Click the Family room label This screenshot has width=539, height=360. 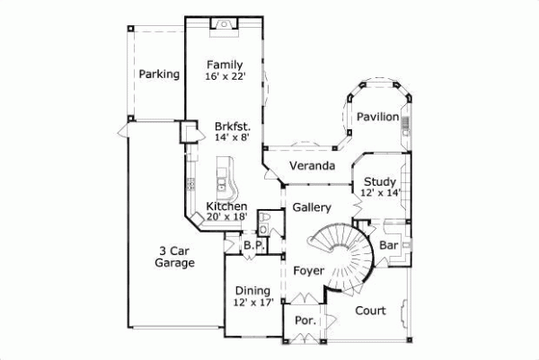(224, 65)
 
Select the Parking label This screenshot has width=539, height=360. (158, 74)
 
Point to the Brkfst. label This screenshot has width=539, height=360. (232, 127)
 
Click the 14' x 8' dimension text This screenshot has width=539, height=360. (232, 138)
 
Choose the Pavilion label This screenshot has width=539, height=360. (376, 118)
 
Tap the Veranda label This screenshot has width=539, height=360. (312, 167)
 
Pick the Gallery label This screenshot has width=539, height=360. (312, 208)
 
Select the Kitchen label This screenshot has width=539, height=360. (227, 206)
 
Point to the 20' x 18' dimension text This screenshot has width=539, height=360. (227, 216)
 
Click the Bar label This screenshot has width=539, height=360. (388, 244)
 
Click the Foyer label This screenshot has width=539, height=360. (308, 269)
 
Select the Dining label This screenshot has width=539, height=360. (252, 291)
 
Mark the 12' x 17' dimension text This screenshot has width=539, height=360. (252, 303)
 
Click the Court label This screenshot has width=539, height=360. (370, 312)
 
